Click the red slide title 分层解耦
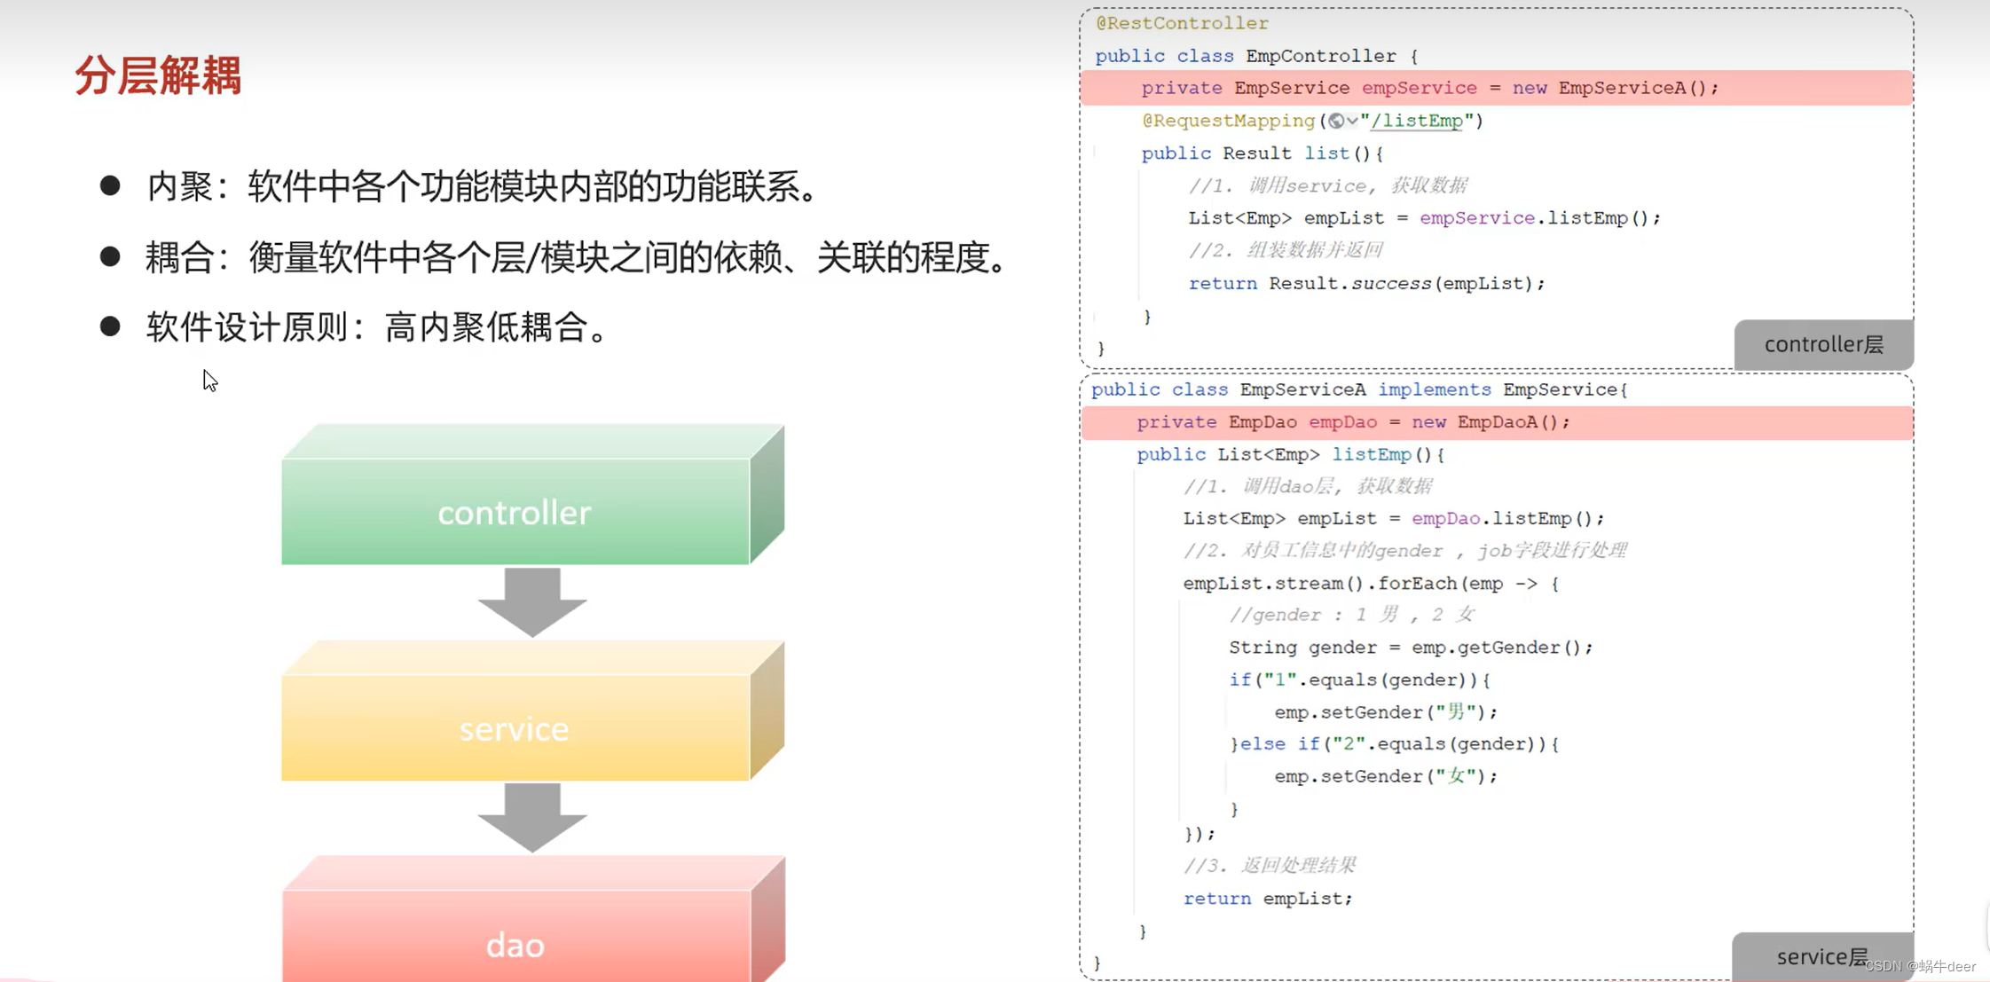[x=158, y=75]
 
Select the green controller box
[x=515, y=512]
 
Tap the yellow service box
[x=515, y=728]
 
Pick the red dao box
[x=515, y=944]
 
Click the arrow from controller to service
[x=532, y=601]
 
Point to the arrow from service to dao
[x=532, y=817]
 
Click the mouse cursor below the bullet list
[x=209, y=380]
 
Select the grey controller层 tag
[x=1823, y=344]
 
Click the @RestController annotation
[x=1182, y=23]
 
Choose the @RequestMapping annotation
[x=1228, y=121]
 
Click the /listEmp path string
[x=1417, y=121]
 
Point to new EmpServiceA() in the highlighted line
[x=1615, y=88]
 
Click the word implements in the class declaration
[x=1434, y=389]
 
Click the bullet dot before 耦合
[x=110, y=256]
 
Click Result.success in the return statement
[x=1349, y=284]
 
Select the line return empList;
[x=1267, y=899]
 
